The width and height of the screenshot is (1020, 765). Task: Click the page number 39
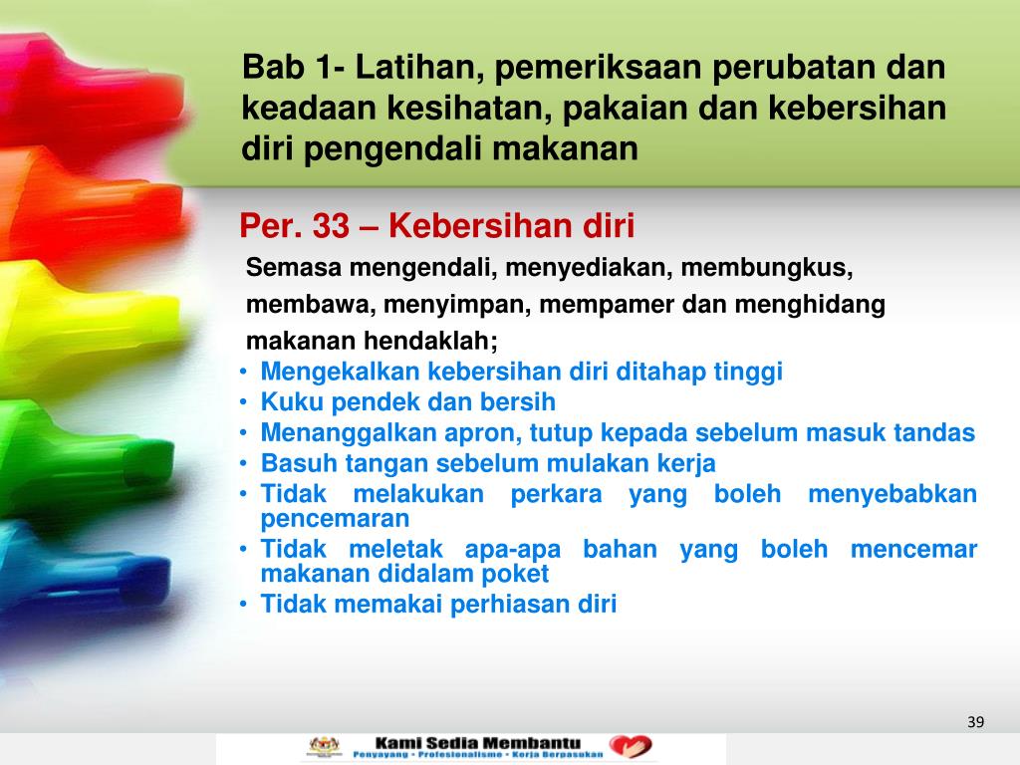click(x=975, y=721)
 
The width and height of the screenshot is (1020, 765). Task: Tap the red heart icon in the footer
click(x=632, y=747)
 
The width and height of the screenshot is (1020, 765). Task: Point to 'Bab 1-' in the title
click(x=289, y=69)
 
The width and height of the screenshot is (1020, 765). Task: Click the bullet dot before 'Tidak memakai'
click(x=245, y=605)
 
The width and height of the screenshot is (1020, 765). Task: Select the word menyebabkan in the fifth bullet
click(x=892, y=495)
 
